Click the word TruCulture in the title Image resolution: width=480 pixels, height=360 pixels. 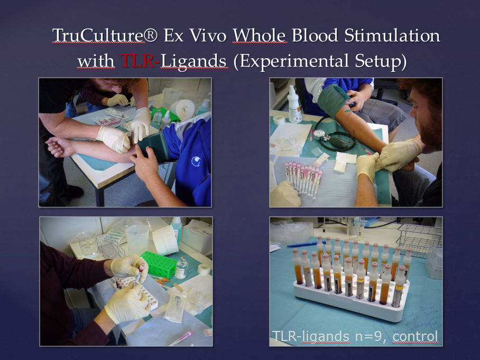98,35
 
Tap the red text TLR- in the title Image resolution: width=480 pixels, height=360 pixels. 140,61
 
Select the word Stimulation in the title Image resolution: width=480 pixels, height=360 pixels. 392,35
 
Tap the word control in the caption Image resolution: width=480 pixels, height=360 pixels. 415,336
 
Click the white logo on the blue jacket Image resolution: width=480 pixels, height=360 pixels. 196,161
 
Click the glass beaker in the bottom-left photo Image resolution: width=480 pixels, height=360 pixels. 87,244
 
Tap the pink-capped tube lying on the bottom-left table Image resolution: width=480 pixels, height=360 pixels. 181,338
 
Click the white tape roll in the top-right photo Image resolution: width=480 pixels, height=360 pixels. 279,120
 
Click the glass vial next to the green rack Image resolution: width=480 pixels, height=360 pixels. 181,268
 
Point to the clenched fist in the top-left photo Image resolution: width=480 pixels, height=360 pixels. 58,146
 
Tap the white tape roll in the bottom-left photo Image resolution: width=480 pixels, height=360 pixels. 204,269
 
